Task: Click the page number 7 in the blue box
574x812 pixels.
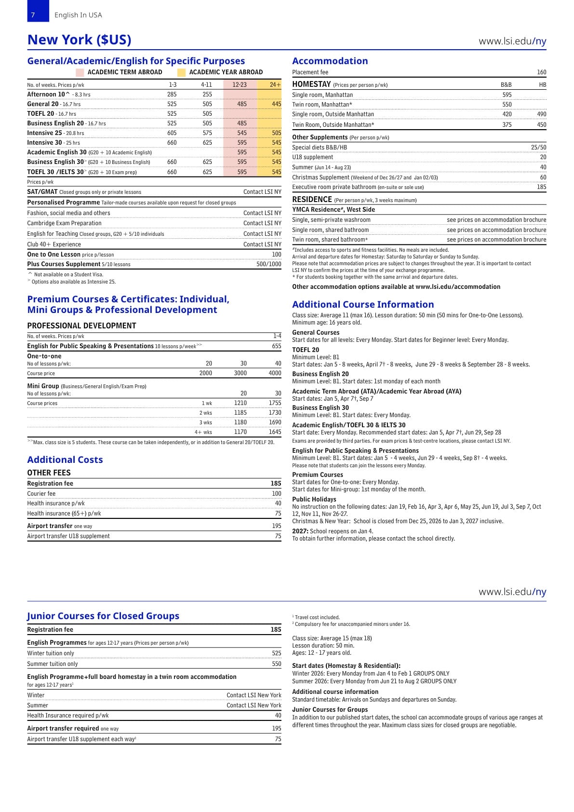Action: click(33, 15)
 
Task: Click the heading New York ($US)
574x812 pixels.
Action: click(79, 40)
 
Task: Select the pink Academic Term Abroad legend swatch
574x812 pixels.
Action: click(80, 72)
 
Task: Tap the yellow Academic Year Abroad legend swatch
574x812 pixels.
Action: click(181, 72)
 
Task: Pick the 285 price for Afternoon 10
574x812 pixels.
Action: click(172, 95)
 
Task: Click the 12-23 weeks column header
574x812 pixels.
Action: click(240, 85)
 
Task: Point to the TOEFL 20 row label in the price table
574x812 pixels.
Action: click(40, 114)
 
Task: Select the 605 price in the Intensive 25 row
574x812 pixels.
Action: click(172, 133)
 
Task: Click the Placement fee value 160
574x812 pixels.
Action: click(541, 72)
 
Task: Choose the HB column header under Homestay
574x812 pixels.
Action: click(542, 85)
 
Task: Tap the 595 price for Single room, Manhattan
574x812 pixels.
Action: click(507, 95)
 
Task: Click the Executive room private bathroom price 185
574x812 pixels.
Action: click(541, 187)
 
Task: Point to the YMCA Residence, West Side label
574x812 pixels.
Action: click(333, 210)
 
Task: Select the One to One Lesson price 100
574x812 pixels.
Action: click(276, 255)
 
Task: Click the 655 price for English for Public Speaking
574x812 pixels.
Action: click(276, 346)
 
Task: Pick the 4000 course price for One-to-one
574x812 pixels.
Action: click(275, 373)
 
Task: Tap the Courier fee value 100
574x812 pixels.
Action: click(276, 494)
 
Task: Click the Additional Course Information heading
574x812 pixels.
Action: click(363, 305)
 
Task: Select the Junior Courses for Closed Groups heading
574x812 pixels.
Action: click(103, 616)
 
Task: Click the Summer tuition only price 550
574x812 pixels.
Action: click(276, 664)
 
